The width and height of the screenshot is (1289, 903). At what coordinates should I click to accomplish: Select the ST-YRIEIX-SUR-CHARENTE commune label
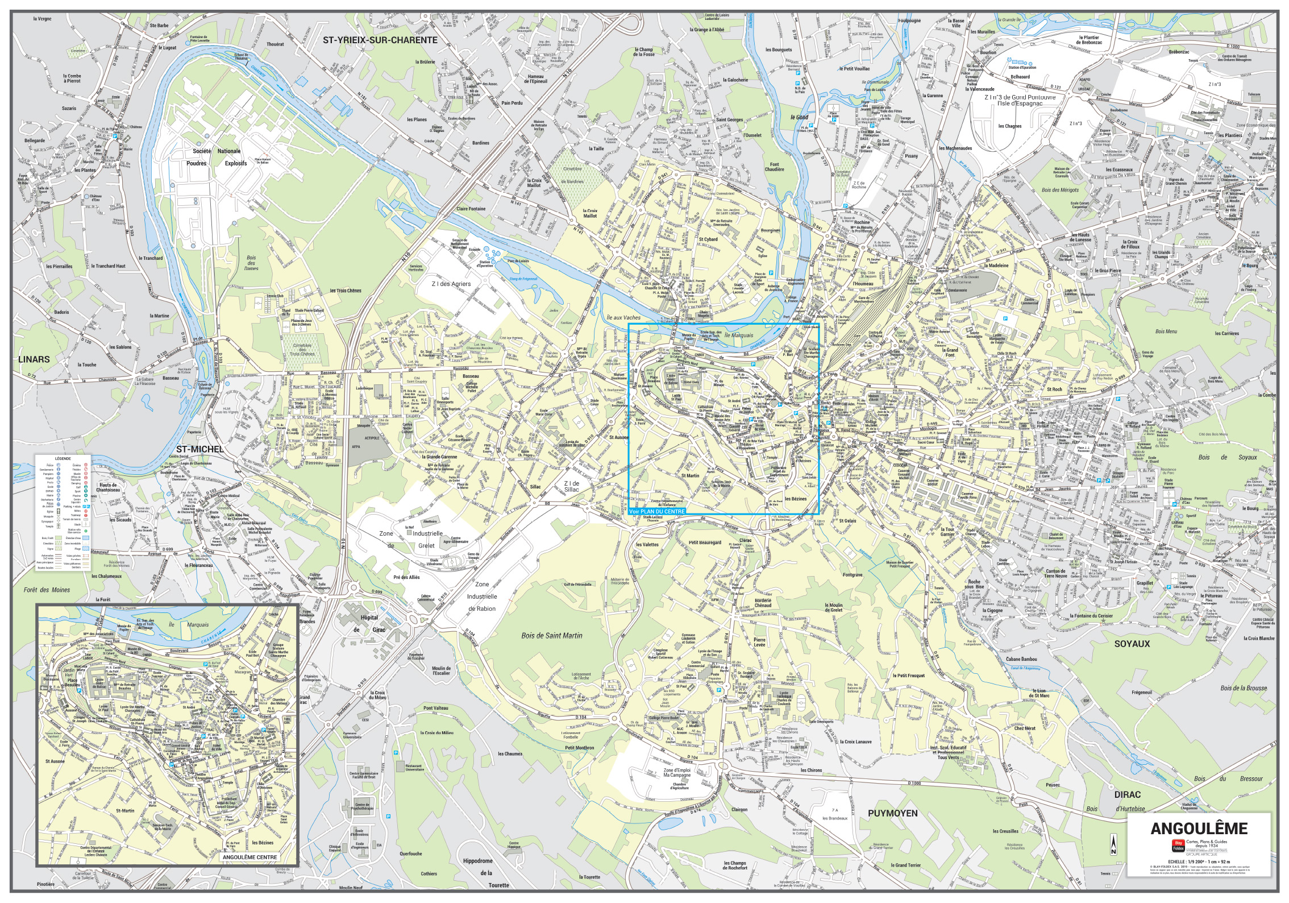point(380,40)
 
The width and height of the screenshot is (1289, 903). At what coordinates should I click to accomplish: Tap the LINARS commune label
point(34,359)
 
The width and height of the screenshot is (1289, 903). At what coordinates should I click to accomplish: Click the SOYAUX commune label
point(1132,644)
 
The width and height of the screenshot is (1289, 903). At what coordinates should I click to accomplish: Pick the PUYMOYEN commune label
point(892,813)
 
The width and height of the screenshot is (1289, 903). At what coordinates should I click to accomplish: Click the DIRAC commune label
point(1127,795)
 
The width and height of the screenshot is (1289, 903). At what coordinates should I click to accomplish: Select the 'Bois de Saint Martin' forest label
point(551,636)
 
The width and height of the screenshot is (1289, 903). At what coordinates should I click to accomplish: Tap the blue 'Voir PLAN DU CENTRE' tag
point(658,512)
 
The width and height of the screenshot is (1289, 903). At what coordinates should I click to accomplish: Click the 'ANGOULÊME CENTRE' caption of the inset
point(250,857)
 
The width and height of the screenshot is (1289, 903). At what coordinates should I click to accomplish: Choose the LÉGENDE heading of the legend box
point(63,458)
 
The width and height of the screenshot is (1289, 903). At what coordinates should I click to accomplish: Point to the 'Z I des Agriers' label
point(451,284)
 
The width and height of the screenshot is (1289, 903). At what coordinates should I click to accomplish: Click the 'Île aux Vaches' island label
point(623,318)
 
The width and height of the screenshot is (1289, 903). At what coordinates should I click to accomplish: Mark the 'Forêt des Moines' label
point(47,590)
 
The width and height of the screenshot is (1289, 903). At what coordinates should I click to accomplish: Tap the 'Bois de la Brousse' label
point(1242,688)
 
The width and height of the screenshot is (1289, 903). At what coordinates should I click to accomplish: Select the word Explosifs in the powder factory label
point(236,163)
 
